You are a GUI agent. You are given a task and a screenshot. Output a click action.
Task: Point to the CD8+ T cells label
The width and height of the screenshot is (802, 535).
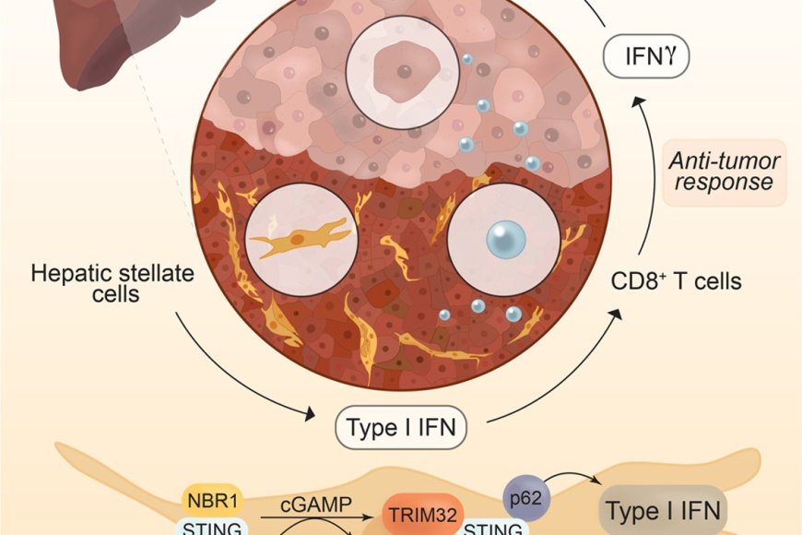677,281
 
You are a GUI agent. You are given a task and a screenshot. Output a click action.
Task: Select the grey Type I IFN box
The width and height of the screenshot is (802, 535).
665,510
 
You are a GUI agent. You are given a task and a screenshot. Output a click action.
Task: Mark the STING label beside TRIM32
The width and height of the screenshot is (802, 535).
493,529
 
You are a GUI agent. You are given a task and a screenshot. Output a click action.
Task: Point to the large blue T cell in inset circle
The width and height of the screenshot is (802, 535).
505,241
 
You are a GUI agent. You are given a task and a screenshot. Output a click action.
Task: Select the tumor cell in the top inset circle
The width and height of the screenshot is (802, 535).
401,67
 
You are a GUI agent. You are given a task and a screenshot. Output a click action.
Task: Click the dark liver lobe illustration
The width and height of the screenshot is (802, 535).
101,42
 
